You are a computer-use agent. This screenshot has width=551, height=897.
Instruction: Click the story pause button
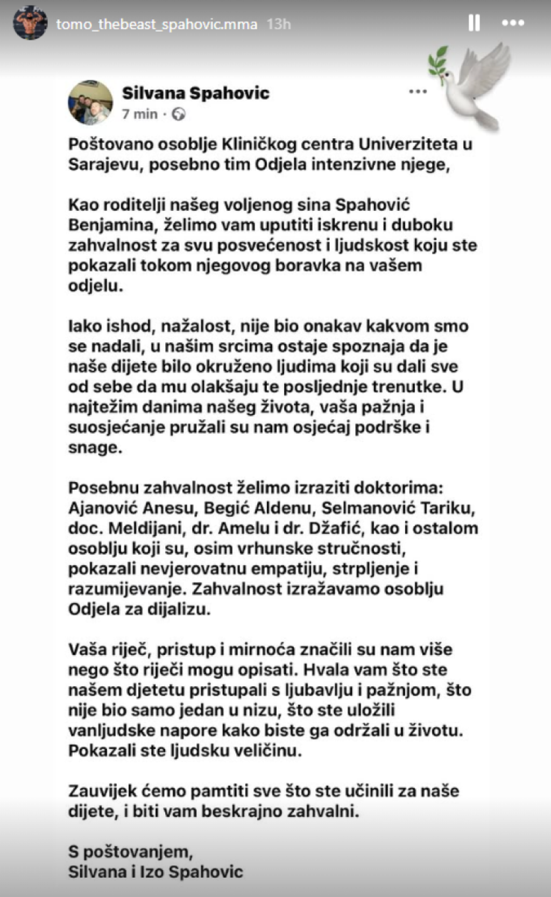(x=474, y=23)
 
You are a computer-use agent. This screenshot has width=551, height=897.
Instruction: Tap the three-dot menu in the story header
(x=513, y=23)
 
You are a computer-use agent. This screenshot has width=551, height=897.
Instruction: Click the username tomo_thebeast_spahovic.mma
(x=157, y=24)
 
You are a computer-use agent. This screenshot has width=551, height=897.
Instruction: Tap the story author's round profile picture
(x=30, y=24)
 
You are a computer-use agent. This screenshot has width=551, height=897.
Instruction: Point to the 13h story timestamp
(x=279, y=24)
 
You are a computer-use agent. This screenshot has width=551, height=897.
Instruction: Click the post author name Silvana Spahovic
(x=195, y=93)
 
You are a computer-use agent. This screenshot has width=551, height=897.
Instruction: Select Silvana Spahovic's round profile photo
(x=90, y=103)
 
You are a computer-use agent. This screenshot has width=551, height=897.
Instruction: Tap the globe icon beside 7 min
(x=178, y=114)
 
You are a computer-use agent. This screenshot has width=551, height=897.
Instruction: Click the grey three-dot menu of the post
(x=418, y=91)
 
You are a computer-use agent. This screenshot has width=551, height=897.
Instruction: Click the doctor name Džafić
(x=336, y=528)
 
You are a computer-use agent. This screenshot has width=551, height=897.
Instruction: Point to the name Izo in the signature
(x=154, y=872)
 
